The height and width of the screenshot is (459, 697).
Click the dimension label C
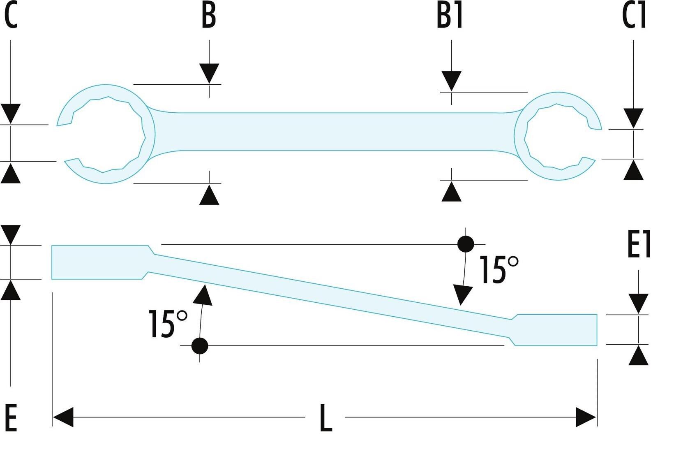tap(11, 16)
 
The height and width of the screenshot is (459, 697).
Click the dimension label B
tap(209, 16)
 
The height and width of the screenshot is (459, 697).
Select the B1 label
tap(450, 16)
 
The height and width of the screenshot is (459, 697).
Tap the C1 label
tap(634, 16)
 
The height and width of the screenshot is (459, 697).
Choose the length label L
tap(326, 418)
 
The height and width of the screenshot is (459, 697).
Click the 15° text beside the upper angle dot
tap(499, 269)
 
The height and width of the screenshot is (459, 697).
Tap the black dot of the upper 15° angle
tap(466, 244)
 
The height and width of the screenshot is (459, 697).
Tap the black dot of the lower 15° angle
tap(200, 345)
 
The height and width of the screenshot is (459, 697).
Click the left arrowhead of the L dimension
tap(63, 417)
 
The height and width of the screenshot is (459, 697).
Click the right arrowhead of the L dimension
tap(586, 417)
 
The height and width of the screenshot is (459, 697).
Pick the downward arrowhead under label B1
tap(452, 81)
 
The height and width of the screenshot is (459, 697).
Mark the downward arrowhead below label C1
tap(634, 118)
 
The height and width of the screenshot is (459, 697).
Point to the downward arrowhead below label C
tap(11, 114)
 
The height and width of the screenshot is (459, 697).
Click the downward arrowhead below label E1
tap(639, 304)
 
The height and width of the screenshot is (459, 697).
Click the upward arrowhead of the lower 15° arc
tap(203, 295)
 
